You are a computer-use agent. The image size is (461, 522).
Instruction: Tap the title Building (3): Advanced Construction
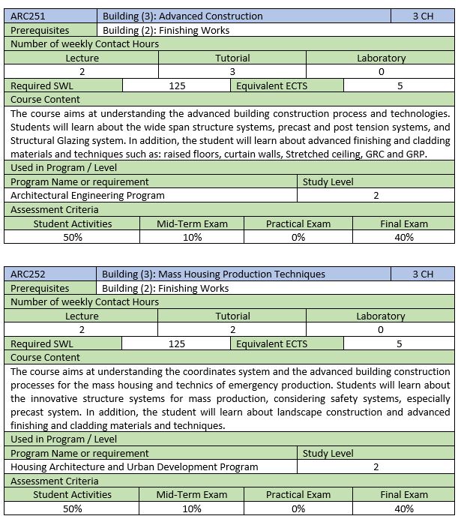pos(182,16)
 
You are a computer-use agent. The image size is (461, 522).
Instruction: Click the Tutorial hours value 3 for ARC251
pos(232,72)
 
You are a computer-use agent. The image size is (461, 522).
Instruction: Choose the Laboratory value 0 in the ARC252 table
pos(381,330)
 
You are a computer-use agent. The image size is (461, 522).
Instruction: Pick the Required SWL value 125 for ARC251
pos(177,85)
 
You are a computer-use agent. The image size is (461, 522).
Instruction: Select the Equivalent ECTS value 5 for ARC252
pos(400,343)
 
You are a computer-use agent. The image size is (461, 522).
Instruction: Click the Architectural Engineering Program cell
pos(88,195)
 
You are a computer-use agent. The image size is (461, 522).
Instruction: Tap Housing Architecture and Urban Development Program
pos(135,466)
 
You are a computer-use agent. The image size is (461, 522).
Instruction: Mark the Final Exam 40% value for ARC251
pos(404,237)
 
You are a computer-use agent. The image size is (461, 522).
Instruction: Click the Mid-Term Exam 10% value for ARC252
pos(192,508)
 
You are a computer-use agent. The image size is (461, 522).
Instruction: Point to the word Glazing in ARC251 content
pos(77,141)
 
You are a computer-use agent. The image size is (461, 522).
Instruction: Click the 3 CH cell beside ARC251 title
pos(423,16)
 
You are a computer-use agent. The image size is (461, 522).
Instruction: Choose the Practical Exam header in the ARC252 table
pos(298,494)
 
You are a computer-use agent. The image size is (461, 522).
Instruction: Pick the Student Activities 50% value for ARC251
pos(73,237)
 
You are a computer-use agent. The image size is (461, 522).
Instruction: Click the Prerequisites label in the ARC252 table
pos(40,288)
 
